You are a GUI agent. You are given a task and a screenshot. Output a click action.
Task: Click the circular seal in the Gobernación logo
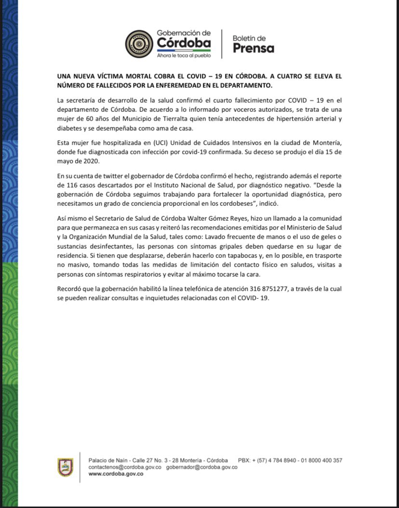[139, 44]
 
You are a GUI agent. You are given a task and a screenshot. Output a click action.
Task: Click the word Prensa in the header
[253, 48]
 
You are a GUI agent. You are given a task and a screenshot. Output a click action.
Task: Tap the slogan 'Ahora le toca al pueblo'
[184, 55]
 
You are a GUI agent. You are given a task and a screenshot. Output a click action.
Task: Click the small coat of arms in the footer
[65, 467]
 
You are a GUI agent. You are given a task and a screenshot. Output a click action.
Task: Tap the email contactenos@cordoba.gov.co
[125, 467]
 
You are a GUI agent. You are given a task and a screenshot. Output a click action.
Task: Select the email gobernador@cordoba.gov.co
[202, 467]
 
